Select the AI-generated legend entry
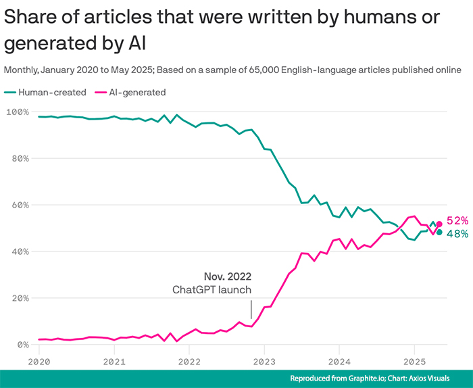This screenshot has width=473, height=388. click(131, 93)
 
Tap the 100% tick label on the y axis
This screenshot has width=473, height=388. click(18, 112)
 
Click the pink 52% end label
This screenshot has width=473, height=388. click(457, 220)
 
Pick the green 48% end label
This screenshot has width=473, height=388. click(457, 234)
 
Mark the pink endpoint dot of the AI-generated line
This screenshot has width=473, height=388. click(439, 224)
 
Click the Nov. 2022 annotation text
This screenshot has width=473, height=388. click(228, 276)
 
